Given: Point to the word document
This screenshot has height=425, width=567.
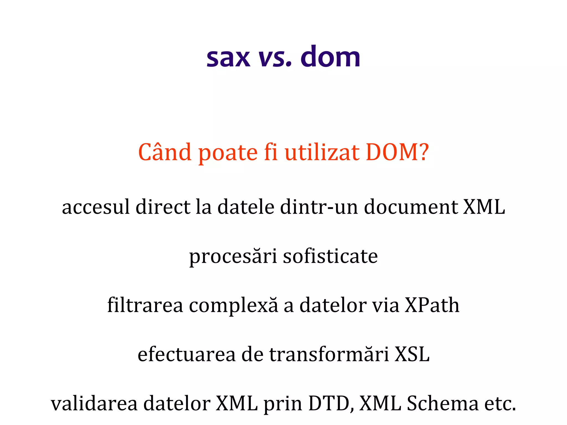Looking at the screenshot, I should pyautogui.click(x=411, y=207).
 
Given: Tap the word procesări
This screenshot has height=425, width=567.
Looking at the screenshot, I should pyautogui.click(x=233, y=256).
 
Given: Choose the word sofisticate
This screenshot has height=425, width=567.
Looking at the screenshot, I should pyautogui.click(x=330, y=256).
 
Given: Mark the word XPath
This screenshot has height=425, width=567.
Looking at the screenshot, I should pyautogui.click(x=432, y=305).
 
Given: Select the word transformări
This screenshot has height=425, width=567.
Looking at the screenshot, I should pyautogui.click(x=329, y=354).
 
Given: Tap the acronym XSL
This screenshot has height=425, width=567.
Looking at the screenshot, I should pyautogui.click(x=412, y=354).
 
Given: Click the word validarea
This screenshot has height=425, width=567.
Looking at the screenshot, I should pyautogui.click(x=94, y=403).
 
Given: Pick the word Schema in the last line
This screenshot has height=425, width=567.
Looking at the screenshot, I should pyautogui.click(x=442, y=403).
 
